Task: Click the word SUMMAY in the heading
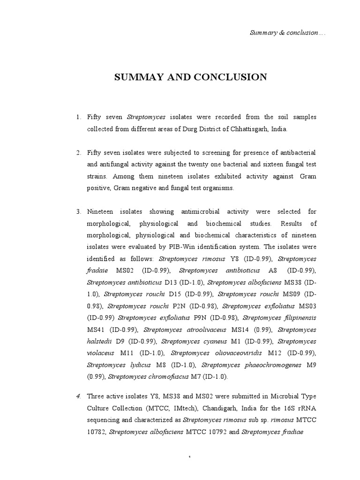click(x=136, y=77)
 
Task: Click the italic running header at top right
click(x=286, y=33)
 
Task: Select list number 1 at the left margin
click(x=78, y=117)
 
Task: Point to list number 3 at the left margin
click(x=78, y=212)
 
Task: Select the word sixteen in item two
click(x=266, y=165)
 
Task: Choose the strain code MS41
click(x=95, y=330)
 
